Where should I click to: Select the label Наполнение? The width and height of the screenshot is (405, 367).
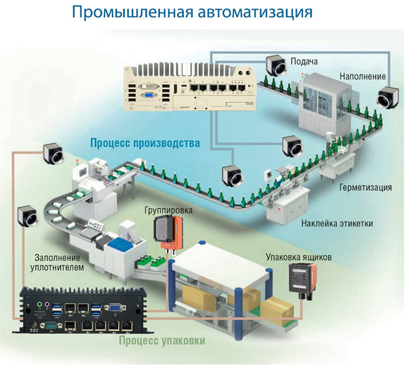tap(363, 76)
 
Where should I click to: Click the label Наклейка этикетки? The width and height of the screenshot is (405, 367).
tap(337, 223)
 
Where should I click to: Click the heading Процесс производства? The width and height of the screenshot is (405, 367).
tap(145, 144)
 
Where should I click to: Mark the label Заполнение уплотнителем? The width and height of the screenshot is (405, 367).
tap(59, 262)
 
